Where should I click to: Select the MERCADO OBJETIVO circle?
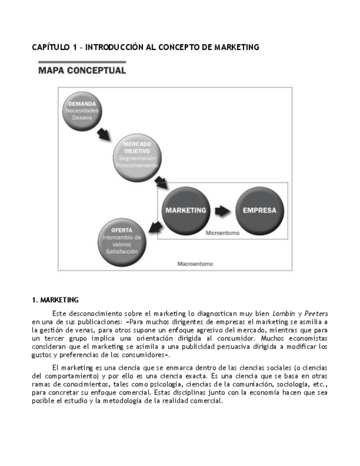tap(137, 154)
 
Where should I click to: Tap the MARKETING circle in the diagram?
tap(186, 210)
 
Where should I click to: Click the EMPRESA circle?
tap(259, 210)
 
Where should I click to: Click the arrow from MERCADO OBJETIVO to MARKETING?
tap(160, 182)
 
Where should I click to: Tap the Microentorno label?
tap(223, 233)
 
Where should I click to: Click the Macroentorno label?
tap(195, 264)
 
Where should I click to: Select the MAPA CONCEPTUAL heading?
tap(82, 70)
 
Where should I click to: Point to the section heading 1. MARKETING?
tap(55, 300)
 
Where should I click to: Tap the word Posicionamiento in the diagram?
tap(137, 165)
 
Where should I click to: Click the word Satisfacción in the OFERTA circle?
tap(121, 252)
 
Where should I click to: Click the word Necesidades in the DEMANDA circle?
tap(82, 110)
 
